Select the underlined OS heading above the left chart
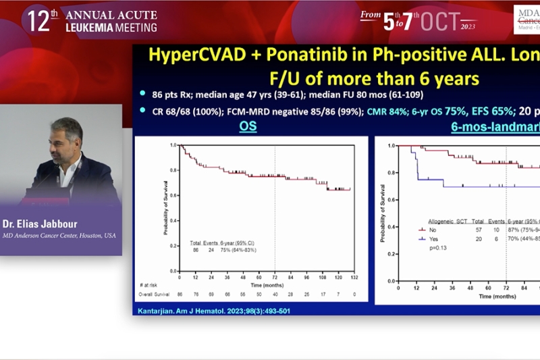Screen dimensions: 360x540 coord(249,126)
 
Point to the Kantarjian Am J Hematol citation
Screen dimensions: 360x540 coord(203,309)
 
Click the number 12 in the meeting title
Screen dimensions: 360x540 coord(38,21)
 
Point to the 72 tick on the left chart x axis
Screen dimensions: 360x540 coord(275,277)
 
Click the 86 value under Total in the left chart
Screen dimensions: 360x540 coord(195,249)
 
